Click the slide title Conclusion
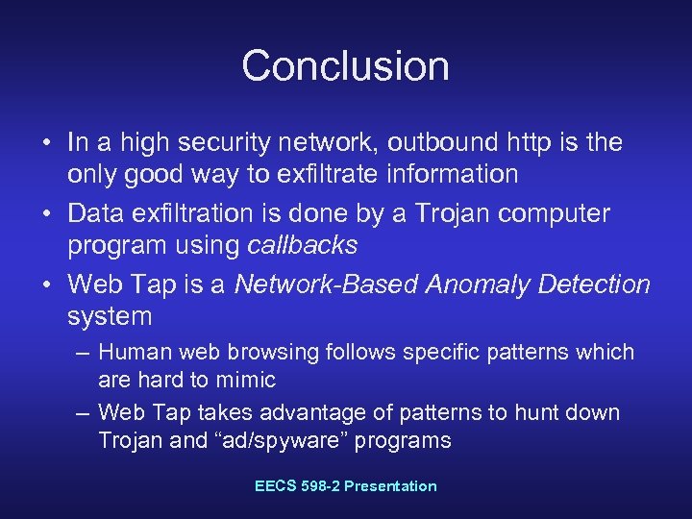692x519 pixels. tap(345, 65)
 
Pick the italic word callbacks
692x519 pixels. tap(302, 245)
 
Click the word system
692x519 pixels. tap(110, 316)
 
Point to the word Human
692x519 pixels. tap(132, 353)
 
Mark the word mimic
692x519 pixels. tap(246, 381)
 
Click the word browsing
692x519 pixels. tap(259, 353)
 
